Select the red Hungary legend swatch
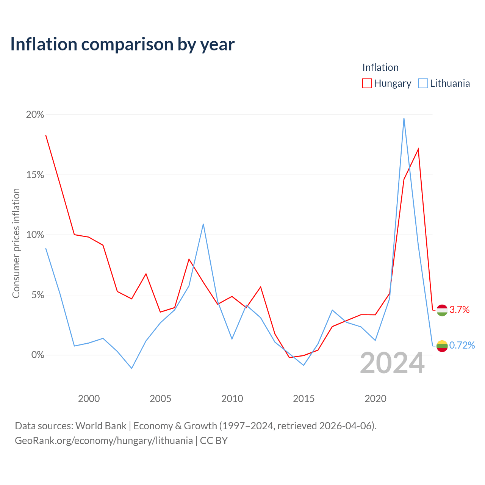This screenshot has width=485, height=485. (x=367, y=83)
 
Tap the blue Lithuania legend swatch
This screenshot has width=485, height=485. (x=423, y=83)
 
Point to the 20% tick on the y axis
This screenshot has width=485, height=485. (x=35, y=115)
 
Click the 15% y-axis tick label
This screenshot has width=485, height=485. (x=35, y=175)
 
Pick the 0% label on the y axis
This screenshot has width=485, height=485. (x=38, y=355)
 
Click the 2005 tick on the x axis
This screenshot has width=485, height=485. (x=160, y=399)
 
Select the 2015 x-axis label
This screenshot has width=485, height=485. (x=304, y=399)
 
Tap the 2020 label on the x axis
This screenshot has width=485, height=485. (x=375, y=399)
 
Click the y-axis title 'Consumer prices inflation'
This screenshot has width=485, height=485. (x=16, y=243)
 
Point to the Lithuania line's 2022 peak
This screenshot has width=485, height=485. (x=404, y=119)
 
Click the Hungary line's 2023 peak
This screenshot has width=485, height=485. (x=418, y=149)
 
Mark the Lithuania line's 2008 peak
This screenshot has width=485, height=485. (x=203, y=224)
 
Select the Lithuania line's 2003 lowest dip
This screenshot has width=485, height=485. (x=131, y=368)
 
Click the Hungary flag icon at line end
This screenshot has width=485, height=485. (x=442, y=310)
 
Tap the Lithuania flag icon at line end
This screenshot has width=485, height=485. (x=442, y=346)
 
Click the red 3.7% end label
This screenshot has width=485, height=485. (x=459, y=310)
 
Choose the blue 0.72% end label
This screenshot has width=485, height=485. (x=462, y=345)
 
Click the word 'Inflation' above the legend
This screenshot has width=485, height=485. (x=380, y=67)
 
